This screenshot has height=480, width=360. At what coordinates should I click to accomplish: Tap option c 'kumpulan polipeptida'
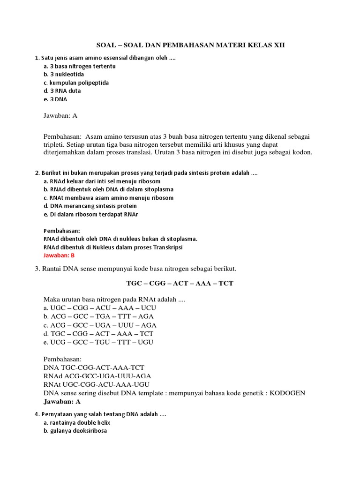point(76,82)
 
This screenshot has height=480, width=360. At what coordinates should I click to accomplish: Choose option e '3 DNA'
point(55,99)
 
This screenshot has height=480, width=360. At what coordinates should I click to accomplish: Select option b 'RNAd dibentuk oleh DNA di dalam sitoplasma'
point(108,189)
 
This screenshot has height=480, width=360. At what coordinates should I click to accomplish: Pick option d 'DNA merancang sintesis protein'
point(90,206)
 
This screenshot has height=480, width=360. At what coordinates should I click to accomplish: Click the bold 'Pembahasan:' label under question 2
point(62,231)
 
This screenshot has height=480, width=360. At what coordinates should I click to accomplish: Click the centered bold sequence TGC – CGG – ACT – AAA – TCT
point(180,284)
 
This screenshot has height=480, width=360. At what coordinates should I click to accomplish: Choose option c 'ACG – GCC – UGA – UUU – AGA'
point(100,325)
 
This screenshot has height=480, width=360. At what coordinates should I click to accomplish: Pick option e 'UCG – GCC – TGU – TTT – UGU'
point(98,342)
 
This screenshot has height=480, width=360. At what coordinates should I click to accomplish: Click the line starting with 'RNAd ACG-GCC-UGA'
point(97,376)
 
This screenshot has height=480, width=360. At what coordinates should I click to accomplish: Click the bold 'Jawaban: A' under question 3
point(62,402)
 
